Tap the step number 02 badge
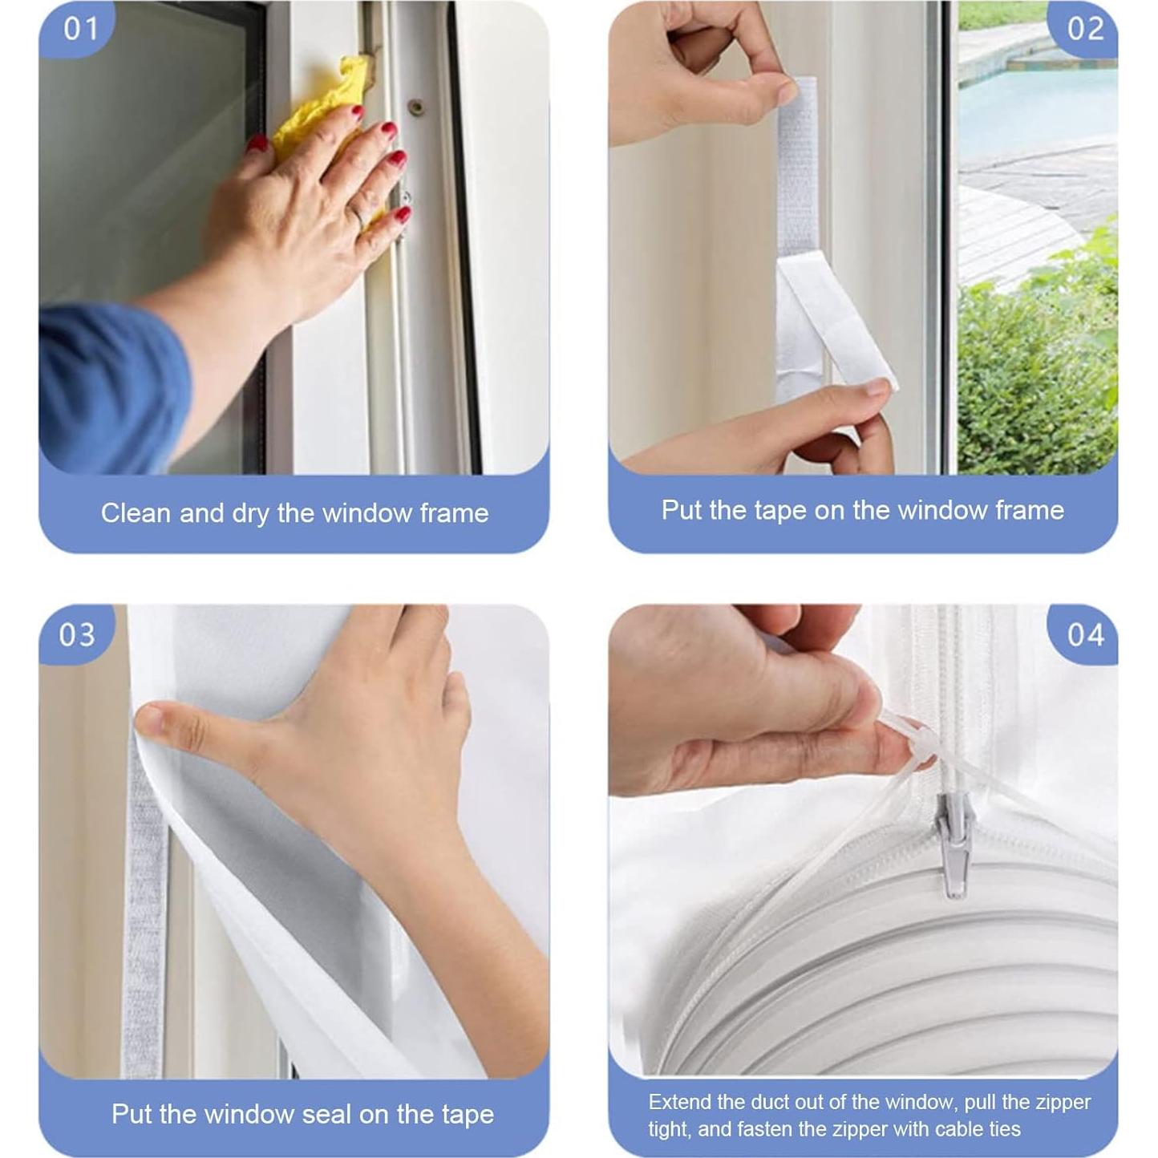tap(1085, 29)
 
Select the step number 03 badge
tap(77, 634)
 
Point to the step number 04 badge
tap(1085, 634)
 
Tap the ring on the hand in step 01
tap(358, 217)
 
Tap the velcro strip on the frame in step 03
tap(145, 922)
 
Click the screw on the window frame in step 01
tap(415, 105)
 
